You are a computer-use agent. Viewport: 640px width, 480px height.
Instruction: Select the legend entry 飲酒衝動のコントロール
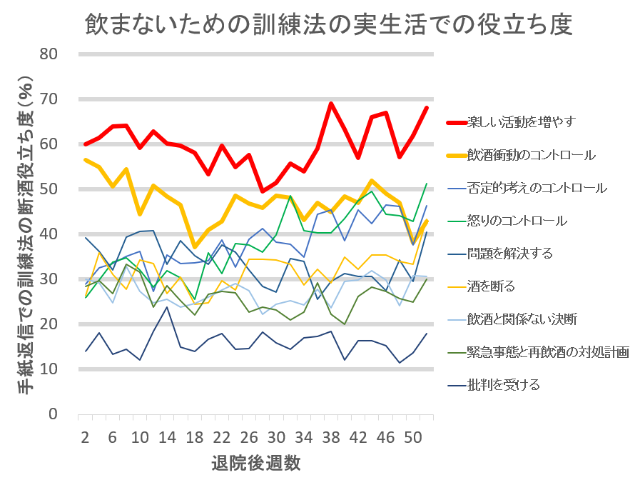(531, 154)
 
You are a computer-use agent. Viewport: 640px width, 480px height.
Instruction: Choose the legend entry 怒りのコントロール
(517, 221)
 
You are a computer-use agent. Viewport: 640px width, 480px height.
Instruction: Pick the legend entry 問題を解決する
(509, 254)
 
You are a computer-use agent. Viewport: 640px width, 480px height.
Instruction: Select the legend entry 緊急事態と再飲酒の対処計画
(547, 352)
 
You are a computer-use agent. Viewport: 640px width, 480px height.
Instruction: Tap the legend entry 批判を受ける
(503, 385)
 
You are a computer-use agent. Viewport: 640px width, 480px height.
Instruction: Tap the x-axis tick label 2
(85, 436)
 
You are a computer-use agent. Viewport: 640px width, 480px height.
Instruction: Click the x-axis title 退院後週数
(255, 462)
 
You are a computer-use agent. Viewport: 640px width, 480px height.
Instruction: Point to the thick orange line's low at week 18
(195, 246)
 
